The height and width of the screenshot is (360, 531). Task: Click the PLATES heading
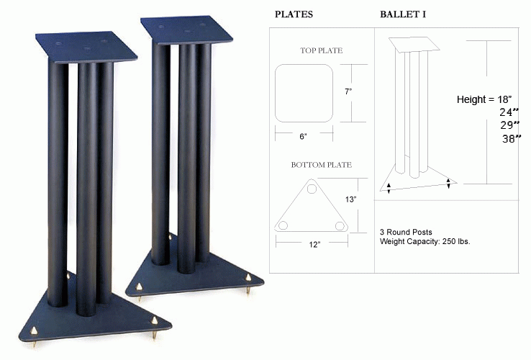coord(294,14)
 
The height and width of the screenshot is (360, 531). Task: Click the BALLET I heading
coord(403,14)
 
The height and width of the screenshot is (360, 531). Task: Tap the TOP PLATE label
coord(321,50)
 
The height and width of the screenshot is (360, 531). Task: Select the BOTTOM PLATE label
coord(321,165)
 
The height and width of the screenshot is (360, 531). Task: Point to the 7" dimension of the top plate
coord(348,91)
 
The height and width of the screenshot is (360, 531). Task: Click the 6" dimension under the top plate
coord(303,137)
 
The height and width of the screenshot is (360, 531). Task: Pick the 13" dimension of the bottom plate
coord(350,199)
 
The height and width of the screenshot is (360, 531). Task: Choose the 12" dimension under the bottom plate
coord(314,245)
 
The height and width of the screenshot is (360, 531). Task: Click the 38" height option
coord(512,138)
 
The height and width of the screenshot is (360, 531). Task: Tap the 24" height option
coord(509,112)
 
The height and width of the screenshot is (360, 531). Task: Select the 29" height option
coord(509,125)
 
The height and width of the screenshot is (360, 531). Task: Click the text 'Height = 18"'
coord(484,99)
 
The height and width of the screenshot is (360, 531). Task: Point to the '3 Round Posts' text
coord(406,233)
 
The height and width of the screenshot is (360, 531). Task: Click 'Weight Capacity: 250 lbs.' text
coord(425,241)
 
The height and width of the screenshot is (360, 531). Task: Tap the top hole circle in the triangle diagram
coord(312,189)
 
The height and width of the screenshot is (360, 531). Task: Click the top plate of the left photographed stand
coord(86,48)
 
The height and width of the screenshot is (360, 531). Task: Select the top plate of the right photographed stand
coord(186,30)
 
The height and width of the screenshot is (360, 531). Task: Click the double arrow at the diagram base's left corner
coord(389,188)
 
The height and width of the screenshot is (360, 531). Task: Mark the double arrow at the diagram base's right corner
coord(448,184)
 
